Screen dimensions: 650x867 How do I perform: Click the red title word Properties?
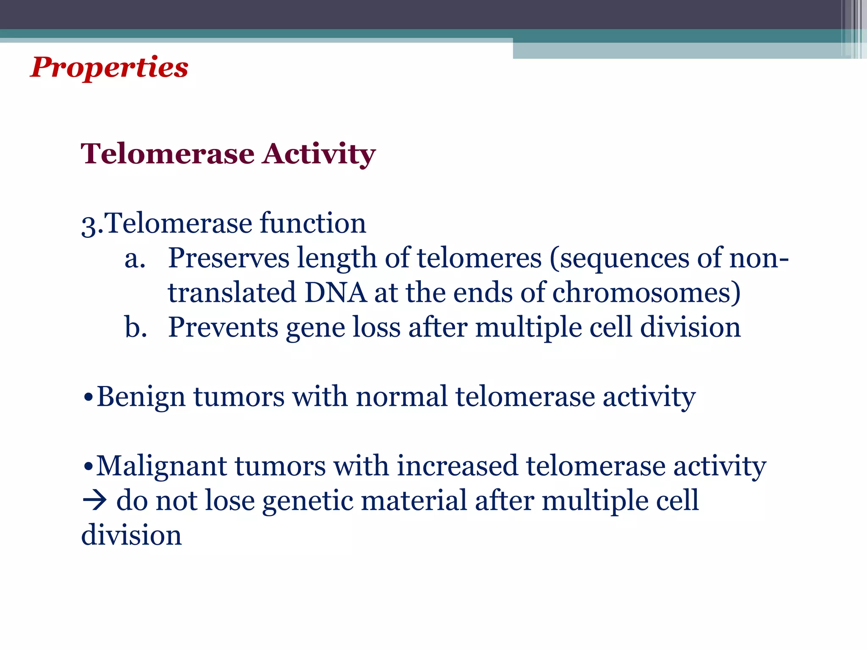tap(109, 68)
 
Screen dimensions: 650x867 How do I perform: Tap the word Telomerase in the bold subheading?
tap(168, 154)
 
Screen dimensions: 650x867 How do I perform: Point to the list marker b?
tap(135, 328)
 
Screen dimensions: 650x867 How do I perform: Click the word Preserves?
tap(229, 258)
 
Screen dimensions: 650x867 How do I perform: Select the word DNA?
tap(335, 293)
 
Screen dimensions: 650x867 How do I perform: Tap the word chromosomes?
tap(646, 293)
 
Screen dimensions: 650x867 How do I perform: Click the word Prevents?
tap(223, 328)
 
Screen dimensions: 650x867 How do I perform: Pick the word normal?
tap(401, 397)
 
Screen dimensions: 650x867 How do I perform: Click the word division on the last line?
tap(131, 536)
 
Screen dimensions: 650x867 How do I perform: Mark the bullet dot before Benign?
tap(88, 398)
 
